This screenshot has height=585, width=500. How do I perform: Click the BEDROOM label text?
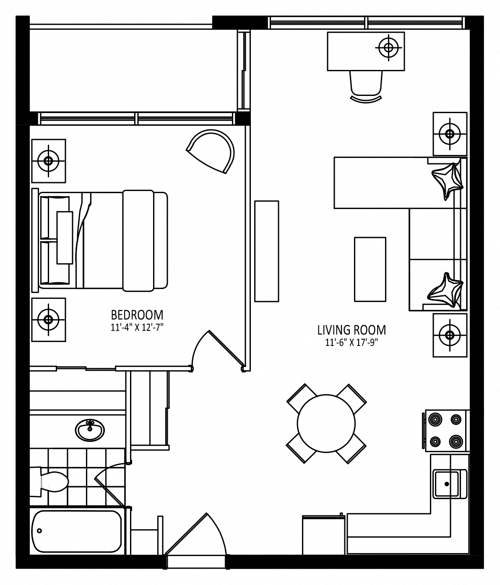(137, 315)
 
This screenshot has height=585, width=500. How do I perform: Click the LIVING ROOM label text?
(352, 330)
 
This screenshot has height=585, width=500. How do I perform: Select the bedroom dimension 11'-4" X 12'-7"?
(137, 327)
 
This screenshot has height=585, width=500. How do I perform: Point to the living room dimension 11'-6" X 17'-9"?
(352, 343)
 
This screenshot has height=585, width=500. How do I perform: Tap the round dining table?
(326, 423)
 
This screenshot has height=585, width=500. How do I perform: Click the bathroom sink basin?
(90, 430)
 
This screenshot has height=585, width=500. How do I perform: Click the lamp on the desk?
(388, 48)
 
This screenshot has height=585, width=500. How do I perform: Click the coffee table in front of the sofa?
(370, 269)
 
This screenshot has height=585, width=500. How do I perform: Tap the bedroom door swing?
(217, 350)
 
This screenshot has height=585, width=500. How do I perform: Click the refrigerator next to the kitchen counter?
(324, 535)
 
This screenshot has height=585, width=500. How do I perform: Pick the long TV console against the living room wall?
(266, 251)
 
